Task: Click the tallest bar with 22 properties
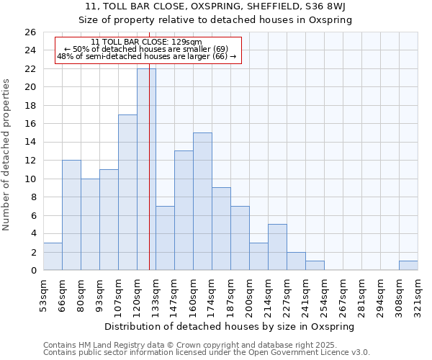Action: pyautogui.click(x=146, y=169)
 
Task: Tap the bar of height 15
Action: pyautogui.click(x=202, y=202)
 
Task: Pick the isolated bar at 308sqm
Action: pyautogui.click(x=408, y=266)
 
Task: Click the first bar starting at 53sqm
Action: pyautogui.click(x=53, y=256)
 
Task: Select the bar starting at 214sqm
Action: pyautogui.click(x=277, y=247)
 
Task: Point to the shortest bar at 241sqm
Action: pyautogui.click(x=315, y=266)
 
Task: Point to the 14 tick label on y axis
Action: pyautogui.click(x=30, y=142)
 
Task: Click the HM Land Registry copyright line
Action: pyautogui.click(x=190, y=345)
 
